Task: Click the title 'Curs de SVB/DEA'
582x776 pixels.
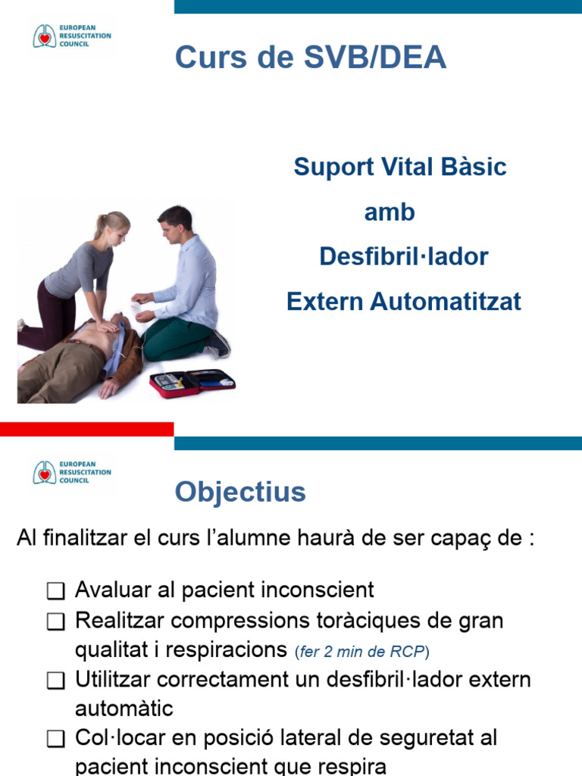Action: (x=311, y=58)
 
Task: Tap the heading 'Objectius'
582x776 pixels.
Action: (x=240, y=493)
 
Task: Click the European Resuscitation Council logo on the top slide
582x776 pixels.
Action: (x=72, y=36)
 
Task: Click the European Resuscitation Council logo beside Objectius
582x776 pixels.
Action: (x=72, y=472)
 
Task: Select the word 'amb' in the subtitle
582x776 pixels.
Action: (x=390, y=212)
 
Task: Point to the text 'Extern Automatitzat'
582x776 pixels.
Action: (x=404, y=302)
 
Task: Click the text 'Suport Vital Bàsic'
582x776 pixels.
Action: (x=400, y=167)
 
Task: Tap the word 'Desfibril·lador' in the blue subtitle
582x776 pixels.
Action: (x=404, y=257)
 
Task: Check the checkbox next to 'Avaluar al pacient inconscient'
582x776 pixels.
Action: (x=55, y=590)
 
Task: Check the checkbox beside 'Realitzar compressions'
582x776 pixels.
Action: (x=55, y=622)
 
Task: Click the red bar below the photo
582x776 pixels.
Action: (x=86, y=429)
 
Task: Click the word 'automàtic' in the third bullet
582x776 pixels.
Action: (x=124, y=709)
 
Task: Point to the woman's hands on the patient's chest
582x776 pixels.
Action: (x=109, y=326)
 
